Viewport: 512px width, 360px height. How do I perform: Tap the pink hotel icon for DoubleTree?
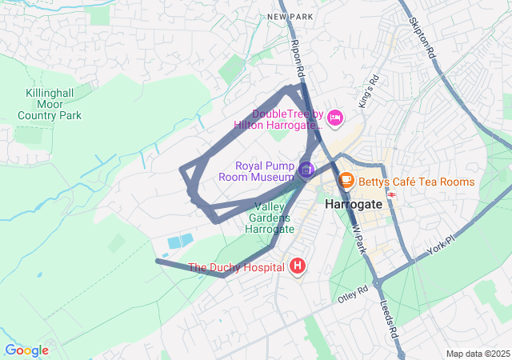(x=335, y=118)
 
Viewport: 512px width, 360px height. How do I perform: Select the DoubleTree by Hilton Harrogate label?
(x=278, y=119)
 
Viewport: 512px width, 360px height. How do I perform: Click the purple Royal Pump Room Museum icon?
(x=306, y=170)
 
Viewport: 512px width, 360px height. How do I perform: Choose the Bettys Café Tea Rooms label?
(x=416, y=182)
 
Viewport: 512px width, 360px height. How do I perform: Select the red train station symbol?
(x=392, y=194)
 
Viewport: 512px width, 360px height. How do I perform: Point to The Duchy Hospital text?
(x=236, y=267)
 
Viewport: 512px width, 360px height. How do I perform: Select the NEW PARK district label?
(x=288, y=16)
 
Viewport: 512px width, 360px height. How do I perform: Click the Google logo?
(x=26, y=350)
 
